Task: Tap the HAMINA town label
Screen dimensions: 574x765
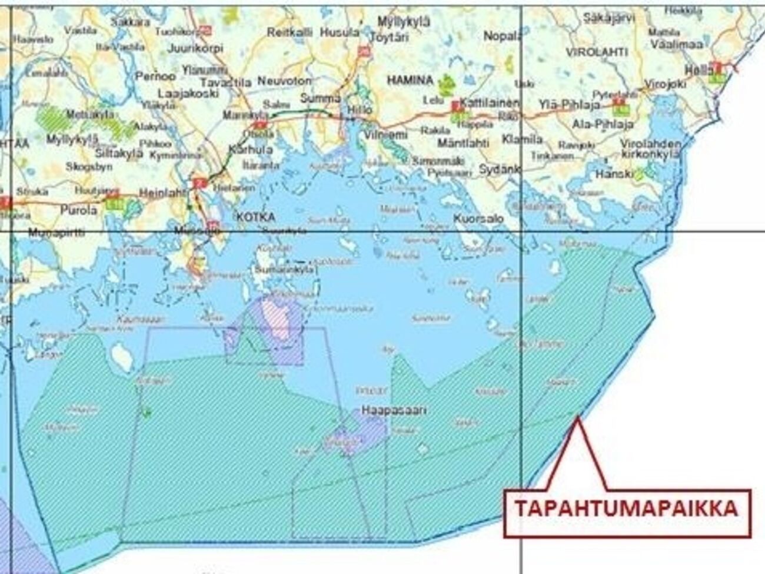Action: tap(410, 79)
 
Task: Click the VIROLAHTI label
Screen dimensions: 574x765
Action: tap(597, 52)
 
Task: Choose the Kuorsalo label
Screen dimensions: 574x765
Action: tap(478, 218)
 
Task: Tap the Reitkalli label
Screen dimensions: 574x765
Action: tap(290, 33)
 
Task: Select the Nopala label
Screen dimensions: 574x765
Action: tap(502, 37)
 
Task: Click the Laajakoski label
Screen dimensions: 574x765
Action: tap(188, 93)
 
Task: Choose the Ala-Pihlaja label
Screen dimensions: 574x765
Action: tap(595, 124)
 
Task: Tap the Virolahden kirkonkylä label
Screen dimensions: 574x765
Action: tap(651, 149)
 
